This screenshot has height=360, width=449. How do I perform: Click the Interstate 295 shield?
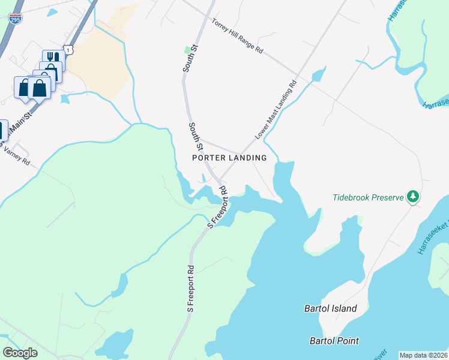click(x=15, y=20)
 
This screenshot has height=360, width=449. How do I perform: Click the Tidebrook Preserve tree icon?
click(x=412, y=196)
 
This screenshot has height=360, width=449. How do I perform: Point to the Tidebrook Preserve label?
click(x=369, y=197)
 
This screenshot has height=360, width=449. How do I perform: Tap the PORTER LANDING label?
click(x=229, y=158)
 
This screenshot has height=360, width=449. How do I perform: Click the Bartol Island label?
click(x=330, y=309)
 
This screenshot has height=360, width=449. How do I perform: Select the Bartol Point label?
click(x=334, y=341)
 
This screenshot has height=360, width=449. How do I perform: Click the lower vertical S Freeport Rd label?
click(x=191, y=289)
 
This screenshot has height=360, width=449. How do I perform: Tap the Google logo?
click(x=20, y=353)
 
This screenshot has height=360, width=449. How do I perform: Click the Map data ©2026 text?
click(x=423, y=355)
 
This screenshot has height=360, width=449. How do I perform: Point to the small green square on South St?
click(x=187, y=49)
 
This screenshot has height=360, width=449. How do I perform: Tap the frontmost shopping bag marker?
click(x=39, y=88)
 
